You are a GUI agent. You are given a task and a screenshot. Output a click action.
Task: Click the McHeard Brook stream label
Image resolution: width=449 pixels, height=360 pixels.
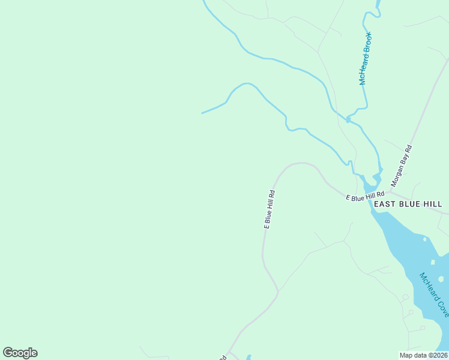click(366, 59)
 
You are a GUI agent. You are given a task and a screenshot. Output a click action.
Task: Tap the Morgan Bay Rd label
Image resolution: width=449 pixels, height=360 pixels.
click(401, 166)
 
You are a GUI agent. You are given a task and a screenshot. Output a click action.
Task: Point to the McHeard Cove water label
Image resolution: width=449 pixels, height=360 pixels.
click(434, 295)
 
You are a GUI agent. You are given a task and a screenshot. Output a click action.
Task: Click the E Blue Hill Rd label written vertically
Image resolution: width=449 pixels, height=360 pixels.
click(270, 209)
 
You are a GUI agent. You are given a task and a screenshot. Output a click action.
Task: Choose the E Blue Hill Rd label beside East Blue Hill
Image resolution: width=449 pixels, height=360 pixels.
click(365, 196)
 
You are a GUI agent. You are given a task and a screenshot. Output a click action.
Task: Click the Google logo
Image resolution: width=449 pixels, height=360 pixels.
click(20, 353)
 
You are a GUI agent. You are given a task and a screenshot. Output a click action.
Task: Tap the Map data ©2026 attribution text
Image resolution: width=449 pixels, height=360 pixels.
click(423, 355)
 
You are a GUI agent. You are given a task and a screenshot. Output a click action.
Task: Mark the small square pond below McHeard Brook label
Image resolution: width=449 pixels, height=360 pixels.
click(348, 120)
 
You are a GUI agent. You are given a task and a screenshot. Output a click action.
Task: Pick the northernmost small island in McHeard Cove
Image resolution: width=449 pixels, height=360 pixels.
click(425, 239)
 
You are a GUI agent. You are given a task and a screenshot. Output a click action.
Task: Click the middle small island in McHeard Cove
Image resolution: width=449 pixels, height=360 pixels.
click(433, 262)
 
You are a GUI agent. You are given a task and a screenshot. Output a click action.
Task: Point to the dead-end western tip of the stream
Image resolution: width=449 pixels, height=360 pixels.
click(202, 113)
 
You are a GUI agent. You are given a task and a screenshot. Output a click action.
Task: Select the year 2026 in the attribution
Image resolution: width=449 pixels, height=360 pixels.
click(437, 355)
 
